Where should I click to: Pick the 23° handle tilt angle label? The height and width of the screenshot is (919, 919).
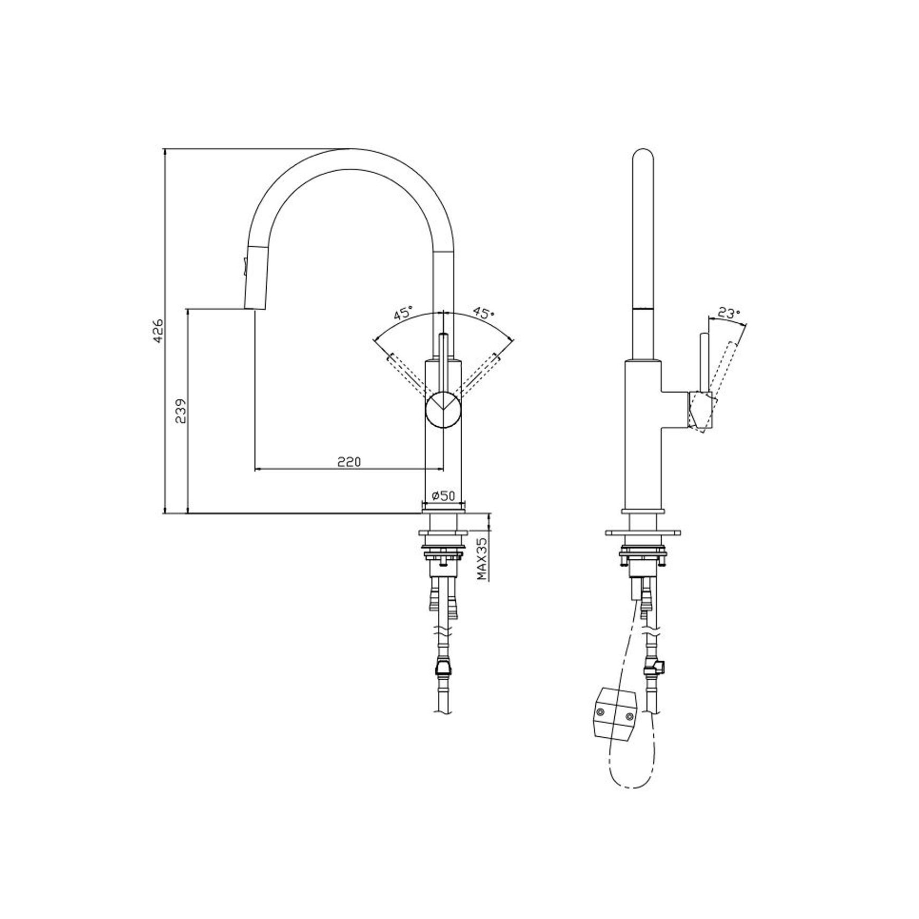coord(728,314)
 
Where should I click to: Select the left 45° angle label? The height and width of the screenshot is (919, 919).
coord(402,313)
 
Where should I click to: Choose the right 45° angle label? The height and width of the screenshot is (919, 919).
coord(483,312)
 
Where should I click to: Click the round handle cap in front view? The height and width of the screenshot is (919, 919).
coord(444,410)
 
